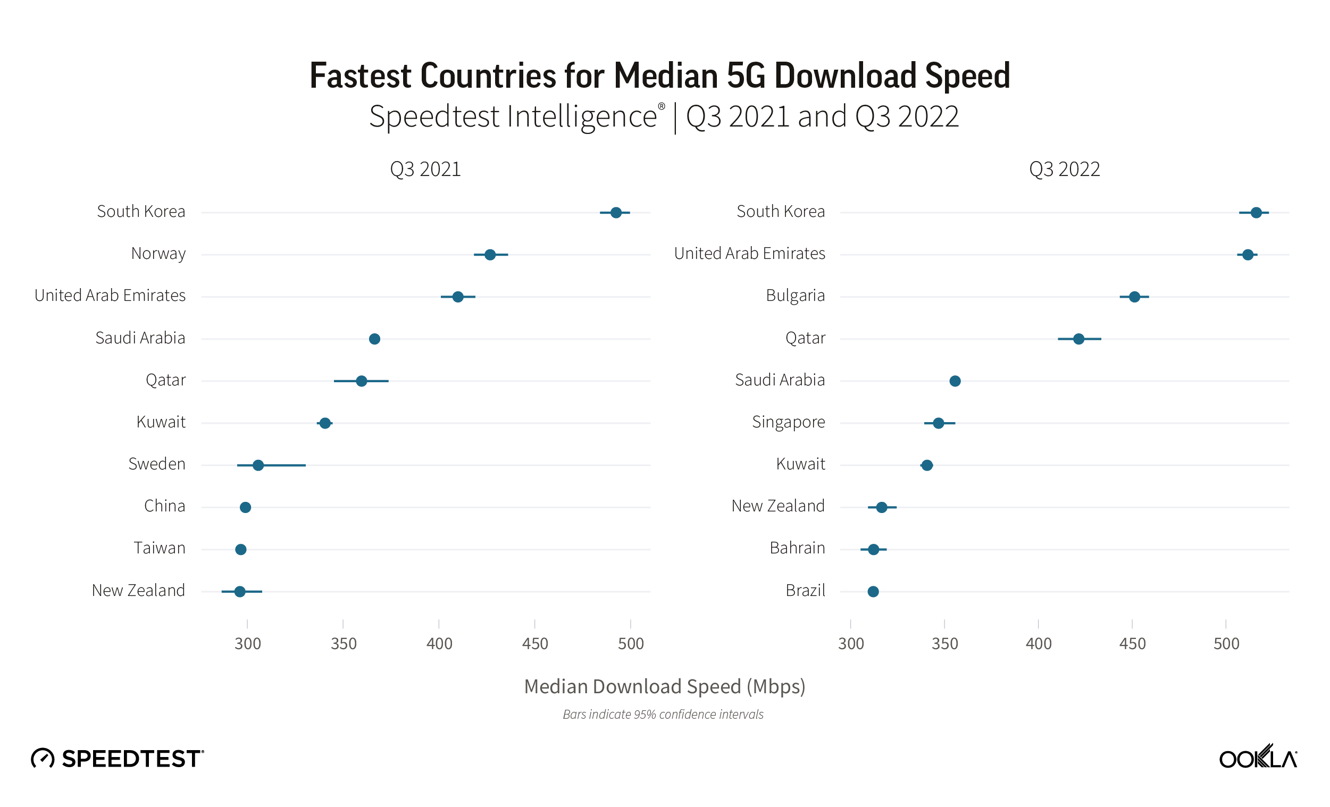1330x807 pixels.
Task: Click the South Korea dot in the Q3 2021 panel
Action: pyautogui.click(x=616, y=213)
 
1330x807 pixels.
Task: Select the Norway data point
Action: pyautogui.click(x=490, y=255)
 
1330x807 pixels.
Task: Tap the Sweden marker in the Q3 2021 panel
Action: pyautogui.click(x=258, y=465)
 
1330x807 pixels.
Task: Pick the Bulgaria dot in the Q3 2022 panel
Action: pyautogui.click(x=1135, y=297)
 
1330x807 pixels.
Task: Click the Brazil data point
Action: pyautogui.click(x=873, y=592)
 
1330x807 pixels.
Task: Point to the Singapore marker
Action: pyautogui.click(x=939, y=423)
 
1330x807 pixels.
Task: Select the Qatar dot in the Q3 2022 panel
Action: pyautogui.click(x=1079, y=339)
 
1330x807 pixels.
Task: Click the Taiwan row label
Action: pyautogui.click(x=160, y=548)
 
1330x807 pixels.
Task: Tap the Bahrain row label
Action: pyautogui.click(x=797, y=548)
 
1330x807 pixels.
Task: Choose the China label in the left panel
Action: pyautogui.click(x=165, y=506)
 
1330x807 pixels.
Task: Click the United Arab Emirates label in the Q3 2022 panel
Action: pyautogui.click(x=750, y=254)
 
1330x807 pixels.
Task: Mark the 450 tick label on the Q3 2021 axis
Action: pyautogui.click(x=535, y=644)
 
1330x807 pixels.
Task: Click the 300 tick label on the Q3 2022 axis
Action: pyautogui.click(x=851, y=644)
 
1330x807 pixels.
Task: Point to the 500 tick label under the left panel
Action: pyautogui.click(x=631, y=644)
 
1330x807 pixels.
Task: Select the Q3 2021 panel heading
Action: pyautogui.click(x=425, y=170)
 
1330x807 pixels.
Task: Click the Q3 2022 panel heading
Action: pyautogui.click(x=1065, y=170)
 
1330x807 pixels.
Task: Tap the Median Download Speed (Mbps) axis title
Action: pyautogui.click(x=664, y=687)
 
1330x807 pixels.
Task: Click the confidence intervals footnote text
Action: pyautogui.click(x=663, y=714)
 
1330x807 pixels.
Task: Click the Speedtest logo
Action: pyautogui.click(x=117, y=759)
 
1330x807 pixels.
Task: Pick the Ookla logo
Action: pyautogui.click(x=1257, y=758)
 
